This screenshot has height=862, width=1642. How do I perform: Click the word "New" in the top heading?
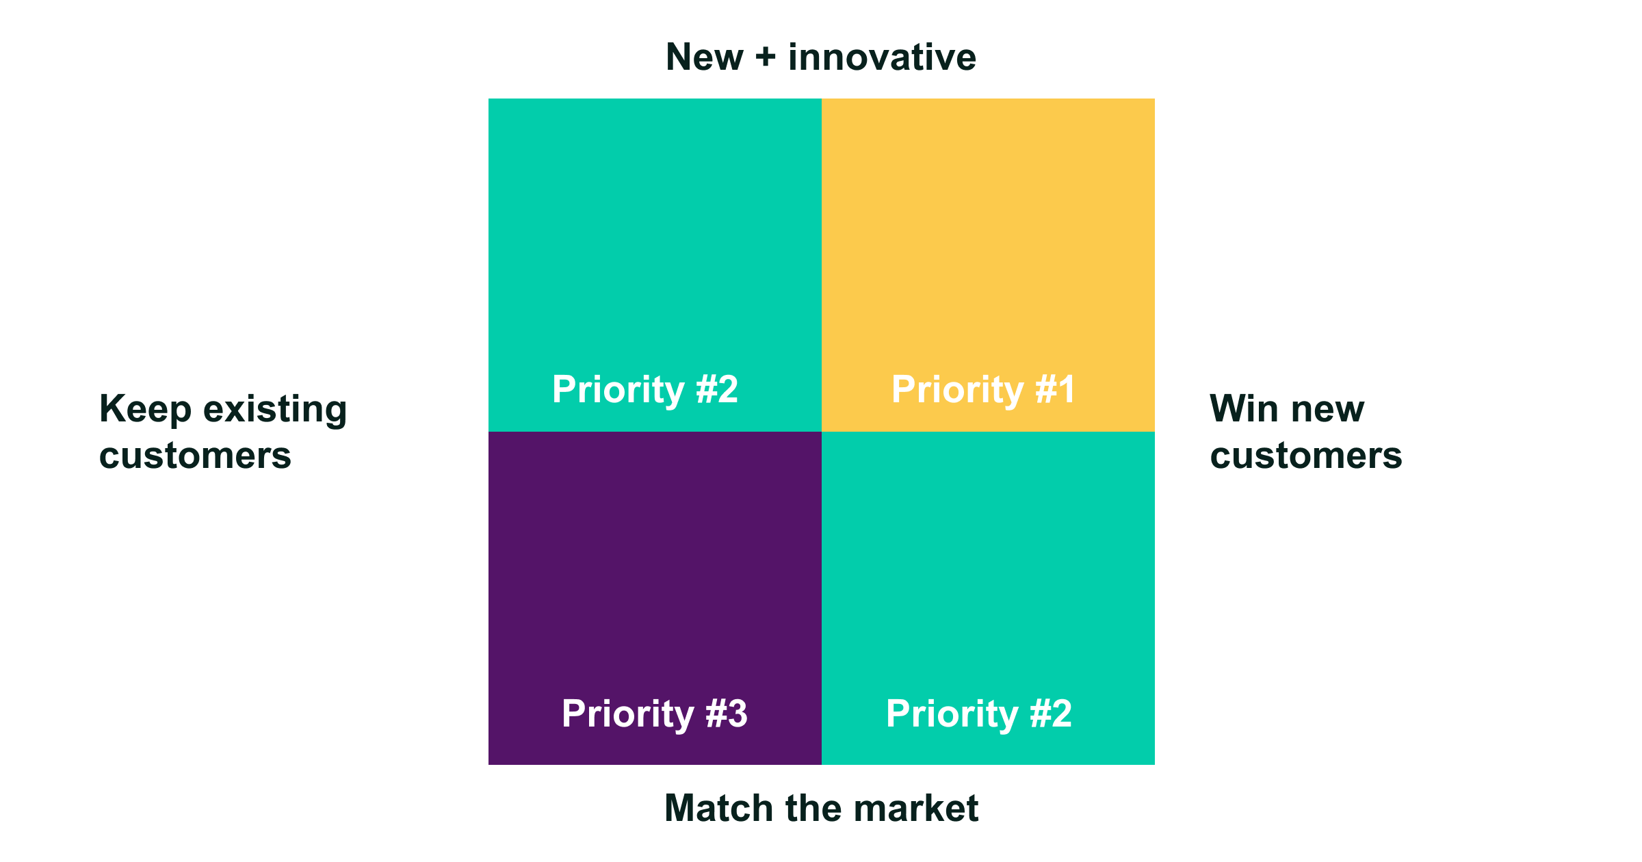704,57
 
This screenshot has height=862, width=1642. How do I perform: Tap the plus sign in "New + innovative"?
766,57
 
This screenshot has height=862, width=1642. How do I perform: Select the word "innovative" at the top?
883,57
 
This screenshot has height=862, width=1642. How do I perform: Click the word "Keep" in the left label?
145,410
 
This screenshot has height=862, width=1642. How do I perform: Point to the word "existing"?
275,410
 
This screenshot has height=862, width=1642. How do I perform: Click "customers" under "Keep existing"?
196,456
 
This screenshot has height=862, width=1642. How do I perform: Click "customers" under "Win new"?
1306,456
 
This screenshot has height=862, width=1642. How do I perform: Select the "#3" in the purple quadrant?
727,714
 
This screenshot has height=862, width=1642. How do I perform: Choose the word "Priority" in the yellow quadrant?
957,391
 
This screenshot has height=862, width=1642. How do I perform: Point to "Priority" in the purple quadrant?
627,715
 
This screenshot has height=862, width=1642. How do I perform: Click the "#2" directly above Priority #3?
717,389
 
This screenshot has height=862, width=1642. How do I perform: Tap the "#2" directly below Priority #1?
1051,714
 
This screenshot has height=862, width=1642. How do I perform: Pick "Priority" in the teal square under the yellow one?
952,715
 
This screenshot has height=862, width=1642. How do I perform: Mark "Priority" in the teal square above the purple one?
618,391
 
